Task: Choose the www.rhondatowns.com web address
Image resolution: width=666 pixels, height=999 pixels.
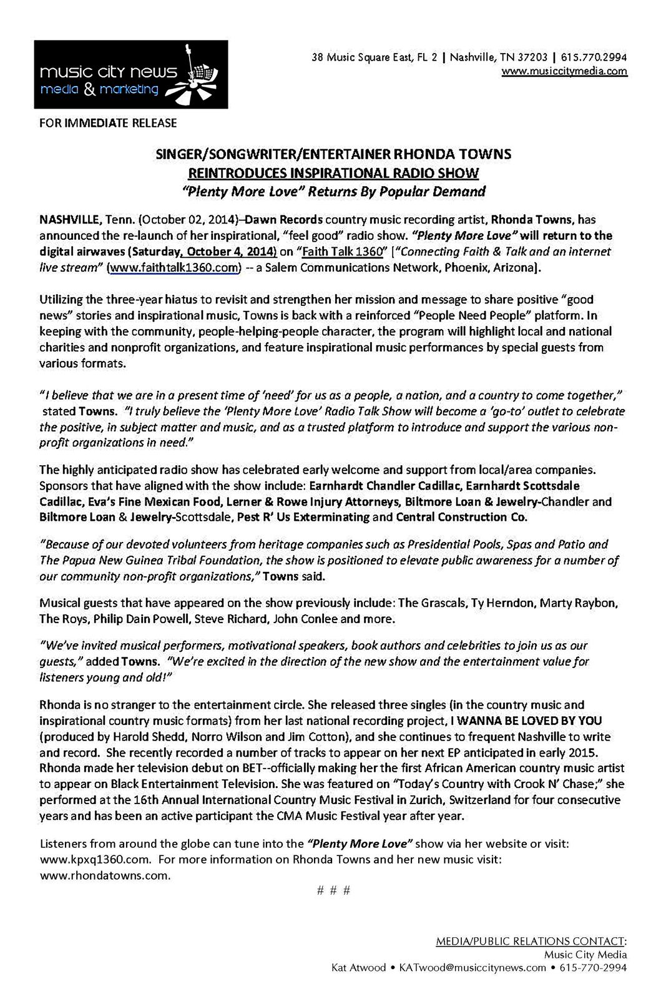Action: click(x=105, y=875)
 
